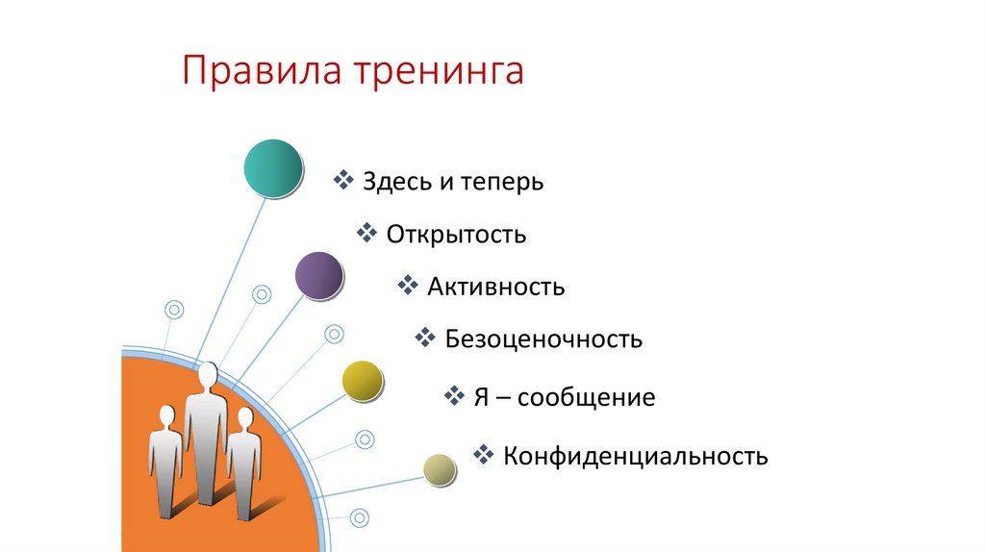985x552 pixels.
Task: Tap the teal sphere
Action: tap(273, 168)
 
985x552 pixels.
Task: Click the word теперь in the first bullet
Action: tap(498, 182)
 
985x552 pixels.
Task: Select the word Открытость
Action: tap(456, 234)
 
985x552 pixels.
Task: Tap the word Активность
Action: tap(495, 287)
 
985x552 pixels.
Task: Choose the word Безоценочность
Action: tap(543, 339)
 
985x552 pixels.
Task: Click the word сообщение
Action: tap(586, 397)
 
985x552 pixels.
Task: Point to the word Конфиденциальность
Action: tap(635, 456)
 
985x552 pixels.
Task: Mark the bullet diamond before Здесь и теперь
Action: tap(343, 179)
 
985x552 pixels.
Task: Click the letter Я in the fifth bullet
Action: tap(483, 397)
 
